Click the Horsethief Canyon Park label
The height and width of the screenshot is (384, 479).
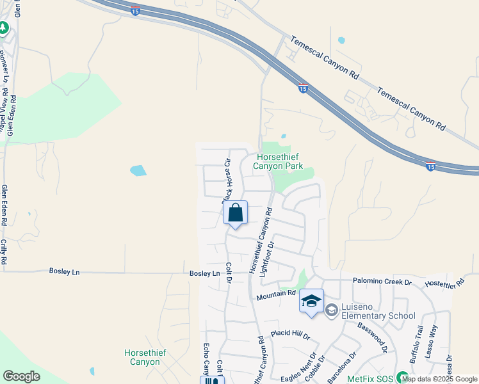point(279,161)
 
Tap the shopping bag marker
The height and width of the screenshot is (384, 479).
point(236,213)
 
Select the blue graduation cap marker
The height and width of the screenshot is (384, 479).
point(311,302)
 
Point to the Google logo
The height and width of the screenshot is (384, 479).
point(21,376)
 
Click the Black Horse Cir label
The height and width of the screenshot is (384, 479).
point(226,181)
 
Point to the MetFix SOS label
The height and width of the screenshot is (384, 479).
point(371,378)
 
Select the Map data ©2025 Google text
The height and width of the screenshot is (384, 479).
point(440,380)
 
